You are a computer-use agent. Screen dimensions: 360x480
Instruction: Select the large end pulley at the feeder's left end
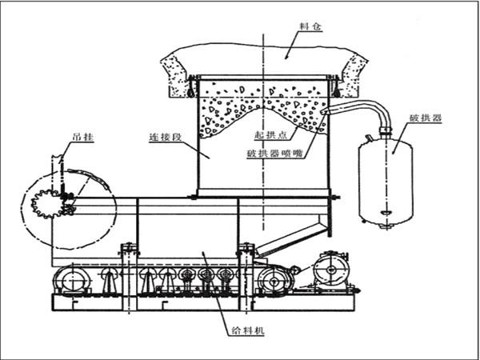point(70,282)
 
